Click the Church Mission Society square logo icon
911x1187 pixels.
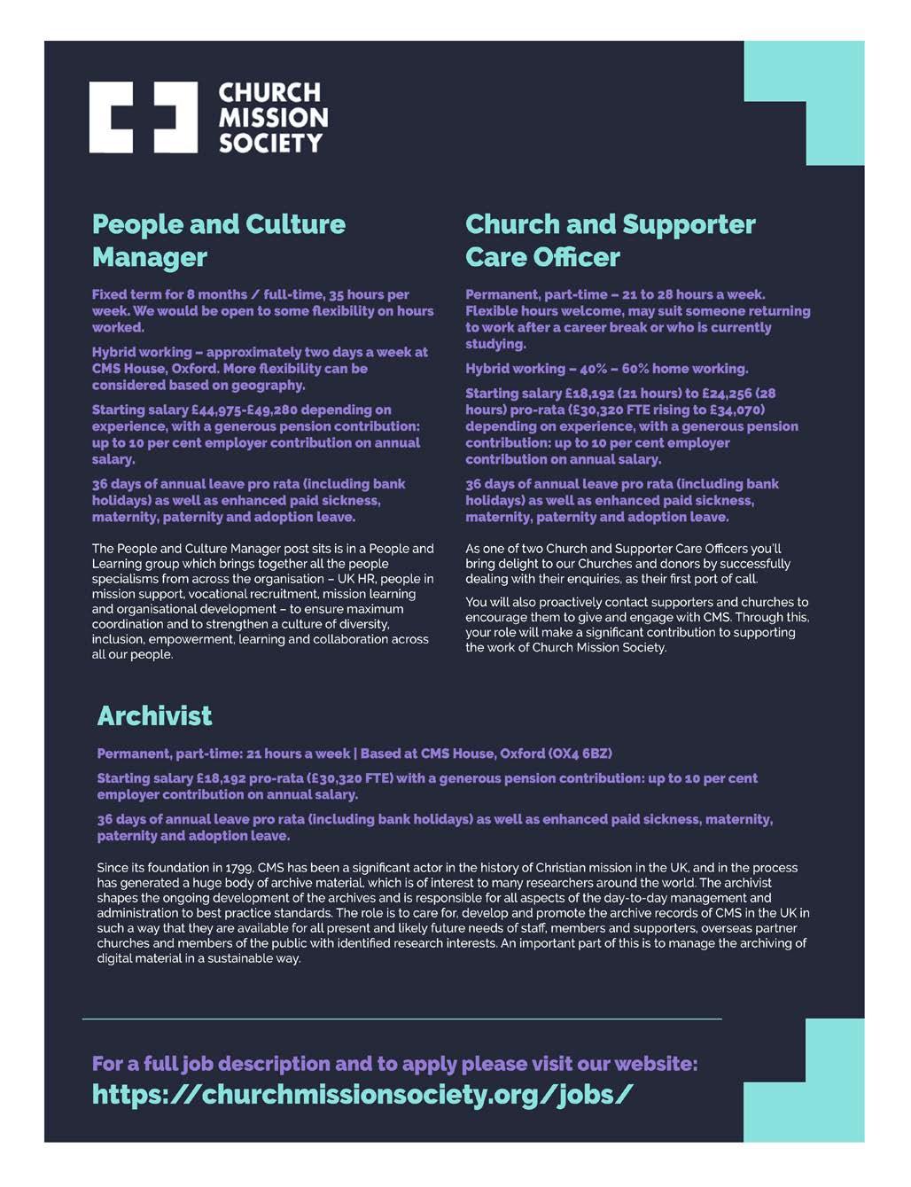click(x=143, y=117)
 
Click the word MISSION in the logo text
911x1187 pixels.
click(x=273, y=118)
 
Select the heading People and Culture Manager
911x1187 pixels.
click(x=218, y=240)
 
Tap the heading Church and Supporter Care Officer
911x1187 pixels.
click(x=610, y=240)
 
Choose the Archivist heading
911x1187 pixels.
click(x=154, y=715)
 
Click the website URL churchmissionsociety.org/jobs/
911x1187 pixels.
click(x=362, y=1094)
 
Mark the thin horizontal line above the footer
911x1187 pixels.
click(x=401, y=1019)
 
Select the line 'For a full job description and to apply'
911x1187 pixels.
click(x=394, y=1063)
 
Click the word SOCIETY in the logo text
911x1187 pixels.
click(x=270, y=143)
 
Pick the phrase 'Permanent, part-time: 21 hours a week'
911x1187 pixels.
click(x=223, y=754)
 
